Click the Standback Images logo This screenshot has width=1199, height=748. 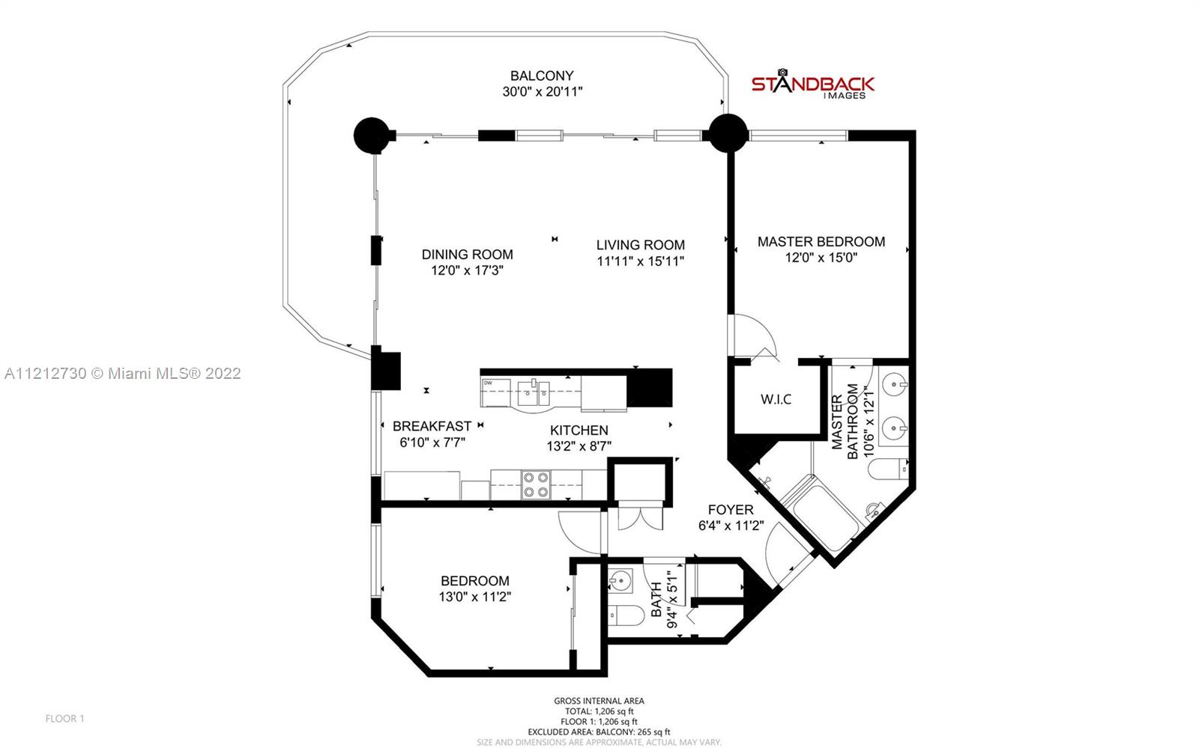[x=812, y=84]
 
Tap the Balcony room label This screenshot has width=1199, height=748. [x=542, y=76]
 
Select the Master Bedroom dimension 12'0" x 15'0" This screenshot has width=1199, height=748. [x=821, y=258]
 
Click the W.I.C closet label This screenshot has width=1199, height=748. [x=776, y=399]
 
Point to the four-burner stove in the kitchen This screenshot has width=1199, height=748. [x=536, y=484]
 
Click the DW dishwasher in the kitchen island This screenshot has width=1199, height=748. [x=495, y=393]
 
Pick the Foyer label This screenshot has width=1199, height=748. [x=731, y=510]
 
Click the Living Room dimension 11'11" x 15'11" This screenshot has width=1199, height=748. [x=641, y=261]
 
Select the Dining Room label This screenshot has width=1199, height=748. [x=468, y=255]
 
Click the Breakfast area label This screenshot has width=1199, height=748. [x=432, y=426]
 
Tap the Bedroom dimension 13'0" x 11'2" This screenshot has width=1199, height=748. [x=475, y=597]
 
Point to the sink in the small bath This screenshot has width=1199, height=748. [x=620, y=580]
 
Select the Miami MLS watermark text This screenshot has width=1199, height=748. [x=123, y=373]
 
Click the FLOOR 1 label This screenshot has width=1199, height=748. [x=64, y=719]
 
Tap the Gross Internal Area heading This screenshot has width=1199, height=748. [x=599, y=700]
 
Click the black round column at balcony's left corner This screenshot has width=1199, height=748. [x=372, y=136]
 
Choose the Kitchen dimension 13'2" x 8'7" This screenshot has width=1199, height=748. [x=579, y=446]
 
